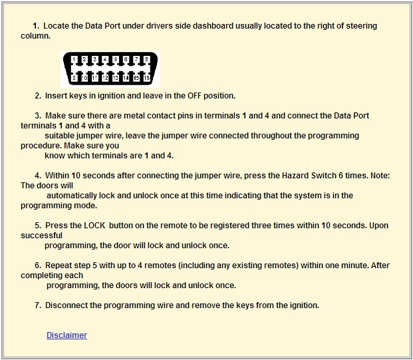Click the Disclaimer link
coord(67,335)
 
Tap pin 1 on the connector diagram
coord(74,59)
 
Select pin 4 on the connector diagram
coord(105,59)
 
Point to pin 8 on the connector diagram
coord(146,59)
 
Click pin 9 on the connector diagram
coord(74,78)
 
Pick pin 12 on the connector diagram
coord(105,78)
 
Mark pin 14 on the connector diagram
coord(126,78)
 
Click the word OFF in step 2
coord(194,96)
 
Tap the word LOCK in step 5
coord(94,226)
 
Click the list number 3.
coord(38,116)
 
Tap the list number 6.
coord(38,266)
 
